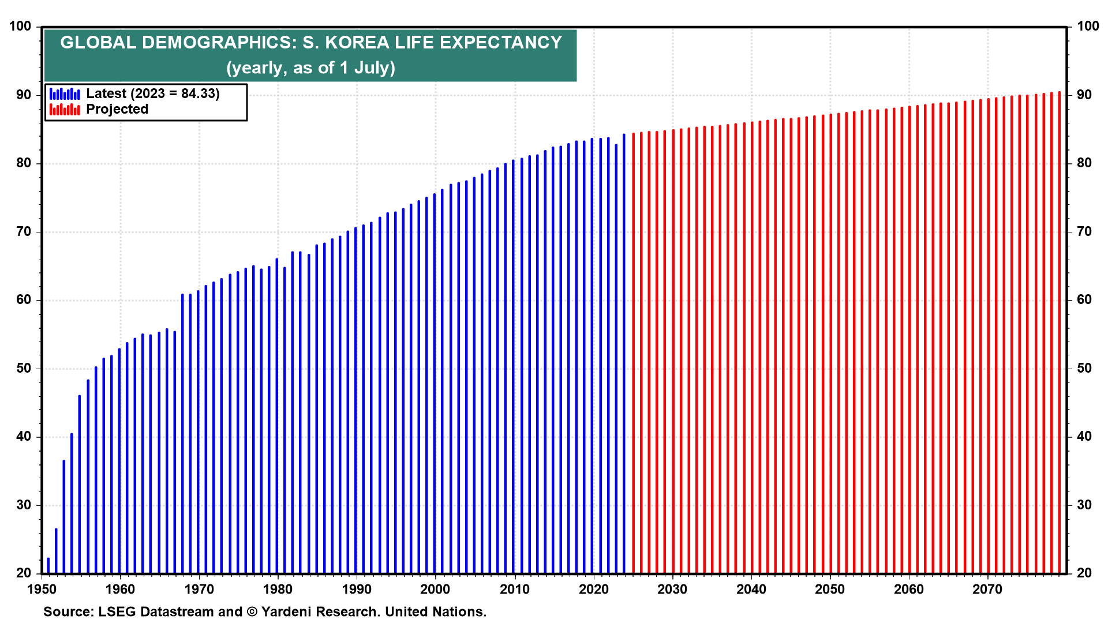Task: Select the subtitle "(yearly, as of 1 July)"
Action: pyautogui.click(x=310, y=68)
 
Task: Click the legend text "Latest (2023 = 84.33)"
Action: pyautogui.click(x=153, y=93)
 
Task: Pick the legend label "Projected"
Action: pyautogui.click(x=117, y=110)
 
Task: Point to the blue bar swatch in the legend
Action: pyautogui.click(x=65, y=93)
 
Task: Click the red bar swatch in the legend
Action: pyautogui.click(x=65, y=110)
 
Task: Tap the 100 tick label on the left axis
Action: pyautogui.click(x=20, y=27)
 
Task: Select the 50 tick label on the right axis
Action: pyautogui.click(x=1084, y=369)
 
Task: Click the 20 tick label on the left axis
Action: pyautogui.click(x=24, y=573)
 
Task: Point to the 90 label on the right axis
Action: pyautogui.click(x=1084, y=95)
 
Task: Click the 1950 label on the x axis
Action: pyautogui.click(x=42, y=590)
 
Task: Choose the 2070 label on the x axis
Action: pyautogui.click(x=987, y=590)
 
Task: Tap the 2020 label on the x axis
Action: pyautogui.click(x=593, y=590)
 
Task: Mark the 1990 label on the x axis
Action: pyautogui.click(x=357, y=590)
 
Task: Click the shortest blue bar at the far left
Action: pyautogui.click(x=48, y=566)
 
